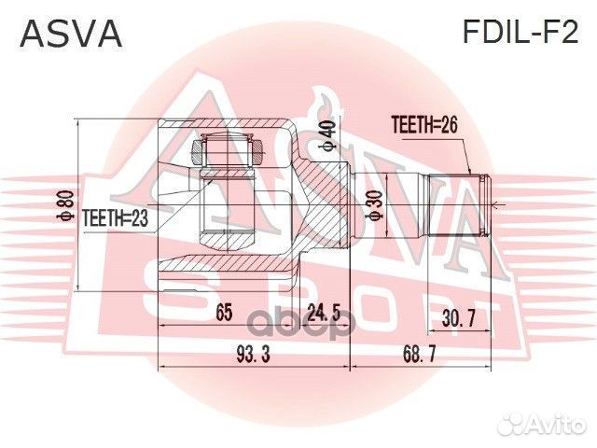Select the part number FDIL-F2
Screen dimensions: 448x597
[x=521, y=34]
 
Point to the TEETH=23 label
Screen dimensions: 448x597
[x=116, y=217]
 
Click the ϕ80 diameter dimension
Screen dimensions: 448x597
[x=65, y=201]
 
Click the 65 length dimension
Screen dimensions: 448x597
[x=224, y=314]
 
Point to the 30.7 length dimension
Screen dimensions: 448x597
[x=458, y=318]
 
